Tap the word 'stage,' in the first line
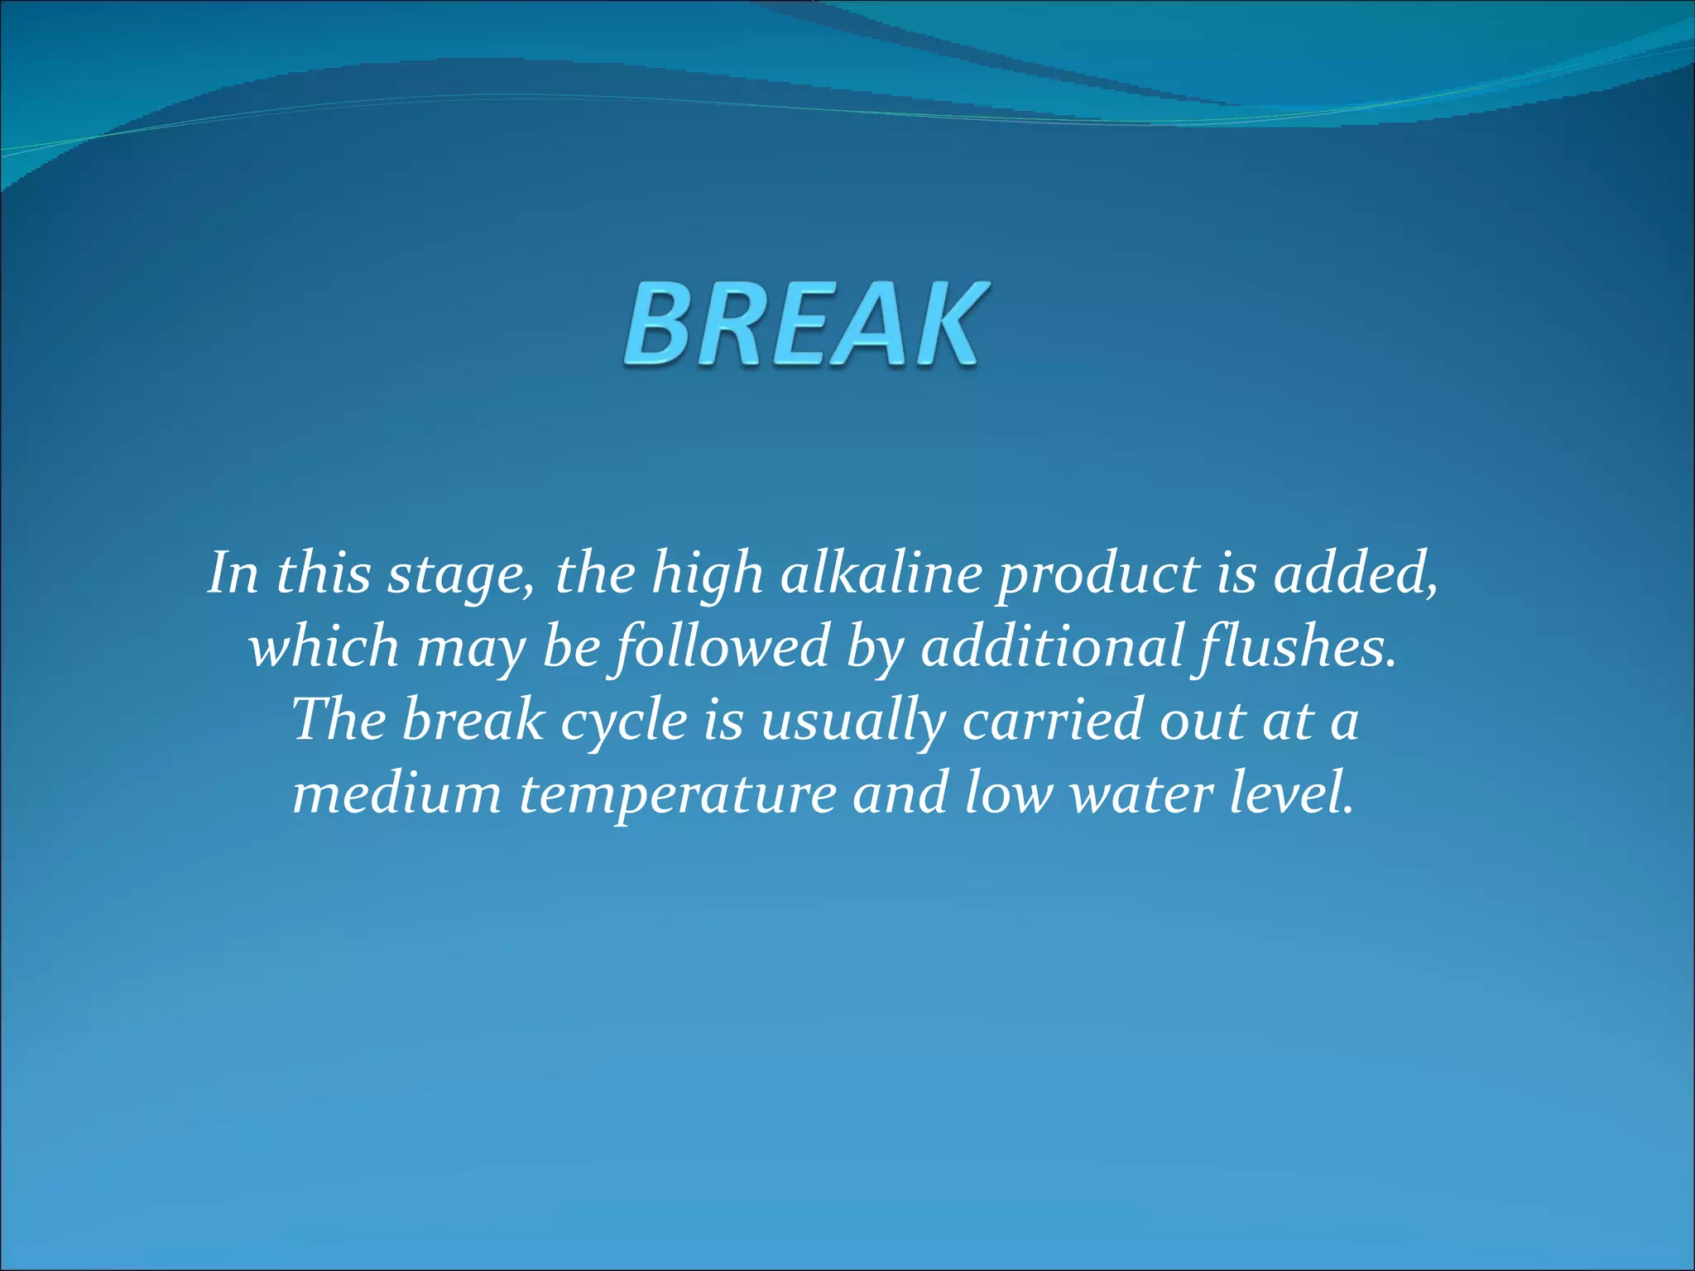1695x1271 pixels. (462, 574)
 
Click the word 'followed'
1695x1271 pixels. (718, 647)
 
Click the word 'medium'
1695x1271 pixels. (397, 793)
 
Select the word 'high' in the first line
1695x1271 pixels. (708, 574)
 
